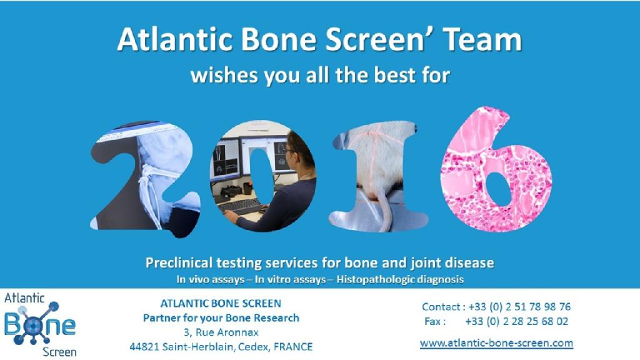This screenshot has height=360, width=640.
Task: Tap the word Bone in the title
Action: (278, 39)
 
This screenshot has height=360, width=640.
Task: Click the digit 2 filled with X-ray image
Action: (146, 179)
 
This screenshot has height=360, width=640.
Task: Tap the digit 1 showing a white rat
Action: (377, 176)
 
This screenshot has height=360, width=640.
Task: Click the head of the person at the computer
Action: (300, 152)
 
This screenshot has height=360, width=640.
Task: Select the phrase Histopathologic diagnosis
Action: (400, 279)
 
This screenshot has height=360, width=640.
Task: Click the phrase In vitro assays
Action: (290, 279)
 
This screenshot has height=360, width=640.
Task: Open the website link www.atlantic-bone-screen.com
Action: (496, 343)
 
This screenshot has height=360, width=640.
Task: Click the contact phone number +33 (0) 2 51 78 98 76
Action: (519, 306)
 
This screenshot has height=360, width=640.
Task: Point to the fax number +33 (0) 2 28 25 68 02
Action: (517, 321)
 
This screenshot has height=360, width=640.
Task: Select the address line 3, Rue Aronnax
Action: (221, 332)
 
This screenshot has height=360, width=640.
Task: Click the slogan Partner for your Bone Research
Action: (221, 318)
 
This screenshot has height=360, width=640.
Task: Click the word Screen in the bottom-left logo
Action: (59, 352)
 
